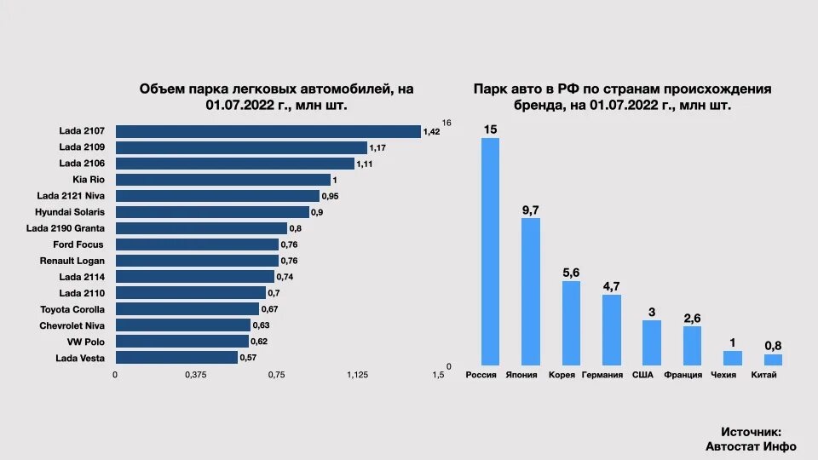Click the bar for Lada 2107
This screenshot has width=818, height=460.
point(268,131)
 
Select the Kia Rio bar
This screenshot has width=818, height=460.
point(222,180)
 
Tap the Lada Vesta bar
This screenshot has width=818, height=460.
point(176,358)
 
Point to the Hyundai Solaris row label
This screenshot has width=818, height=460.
point(70,212)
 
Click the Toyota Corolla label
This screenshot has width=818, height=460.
point(72,309)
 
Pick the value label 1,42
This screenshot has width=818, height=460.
point(432,132)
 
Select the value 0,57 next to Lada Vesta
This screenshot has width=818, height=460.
point(249,358)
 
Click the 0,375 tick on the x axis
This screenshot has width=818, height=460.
point(196,375)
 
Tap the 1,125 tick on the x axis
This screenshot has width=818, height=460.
point(357,375)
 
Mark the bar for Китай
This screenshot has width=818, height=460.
point(773,359)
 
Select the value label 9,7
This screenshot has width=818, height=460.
point(531,209)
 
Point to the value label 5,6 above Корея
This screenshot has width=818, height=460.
point(571,272)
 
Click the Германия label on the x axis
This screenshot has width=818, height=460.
point(602,376)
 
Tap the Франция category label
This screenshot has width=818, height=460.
point(683,376)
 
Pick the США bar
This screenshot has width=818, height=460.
point(652,342)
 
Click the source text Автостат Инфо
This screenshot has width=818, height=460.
point(751,446)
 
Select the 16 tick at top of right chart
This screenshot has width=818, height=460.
point(446,124)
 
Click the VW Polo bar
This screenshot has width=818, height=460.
point(181,342)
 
